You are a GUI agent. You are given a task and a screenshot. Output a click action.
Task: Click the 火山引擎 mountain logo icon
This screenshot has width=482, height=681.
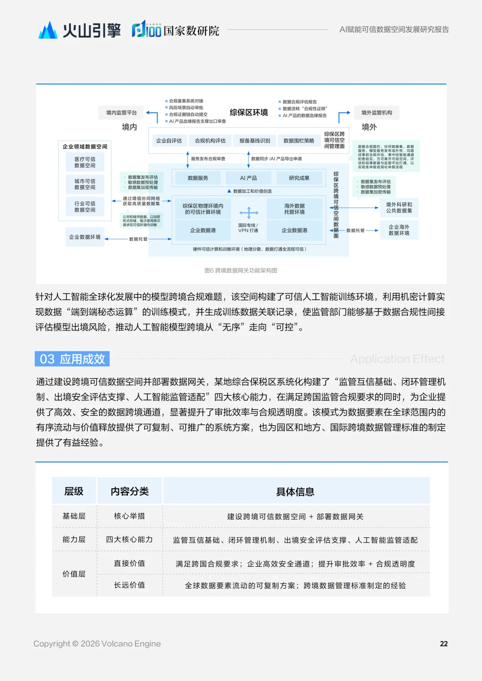click(48, 30)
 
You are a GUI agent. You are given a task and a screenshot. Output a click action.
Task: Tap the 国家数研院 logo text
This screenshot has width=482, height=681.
click(191, 30)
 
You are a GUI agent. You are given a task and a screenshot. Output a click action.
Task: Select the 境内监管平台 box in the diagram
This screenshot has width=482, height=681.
click(121, 113)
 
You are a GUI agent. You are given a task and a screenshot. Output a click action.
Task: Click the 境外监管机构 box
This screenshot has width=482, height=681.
click(377, 113)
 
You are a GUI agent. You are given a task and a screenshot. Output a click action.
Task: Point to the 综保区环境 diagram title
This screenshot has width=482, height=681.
click(249, 112)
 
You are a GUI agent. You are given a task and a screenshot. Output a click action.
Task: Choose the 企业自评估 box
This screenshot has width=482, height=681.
click(169, 141)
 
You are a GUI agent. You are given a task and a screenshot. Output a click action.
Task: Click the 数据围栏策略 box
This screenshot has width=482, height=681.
click(299, 141)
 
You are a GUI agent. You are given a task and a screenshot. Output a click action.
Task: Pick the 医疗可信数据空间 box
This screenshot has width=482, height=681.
click(85, 162)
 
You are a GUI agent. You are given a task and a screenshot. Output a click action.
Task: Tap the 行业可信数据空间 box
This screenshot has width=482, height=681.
click(85, 206)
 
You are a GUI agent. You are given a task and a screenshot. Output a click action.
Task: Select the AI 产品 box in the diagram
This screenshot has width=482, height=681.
click(248, 178)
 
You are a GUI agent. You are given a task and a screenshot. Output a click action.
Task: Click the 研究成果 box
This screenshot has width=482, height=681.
click(299, 178)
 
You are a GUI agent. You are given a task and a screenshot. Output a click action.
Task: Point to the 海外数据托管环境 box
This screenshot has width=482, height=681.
click(295, 209)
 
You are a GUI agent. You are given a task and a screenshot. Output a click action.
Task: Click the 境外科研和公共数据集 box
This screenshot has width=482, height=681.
click(399, 208)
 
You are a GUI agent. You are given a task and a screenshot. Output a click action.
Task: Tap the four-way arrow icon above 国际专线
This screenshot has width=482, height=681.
click(249, 212)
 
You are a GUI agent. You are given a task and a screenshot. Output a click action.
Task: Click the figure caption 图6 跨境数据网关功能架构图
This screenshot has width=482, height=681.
click(241, 271)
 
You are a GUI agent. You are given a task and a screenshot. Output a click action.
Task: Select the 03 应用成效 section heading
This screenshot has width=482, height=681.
click(72, 359)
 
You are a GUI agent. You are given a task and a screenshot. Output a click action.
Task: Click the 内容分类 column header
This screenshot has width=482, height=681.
click(129, 491)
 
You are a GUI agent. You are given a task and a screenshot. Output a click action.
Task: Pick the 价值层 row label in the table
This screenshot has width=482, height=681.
click(74, 574)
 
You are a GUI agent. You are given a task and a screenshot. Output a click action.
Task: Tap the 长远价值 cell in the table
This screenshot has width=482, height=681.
click(129, 585)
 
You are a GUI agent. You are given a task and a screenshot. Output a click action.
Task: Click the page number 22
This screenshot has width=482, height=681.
click(444, 644)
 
